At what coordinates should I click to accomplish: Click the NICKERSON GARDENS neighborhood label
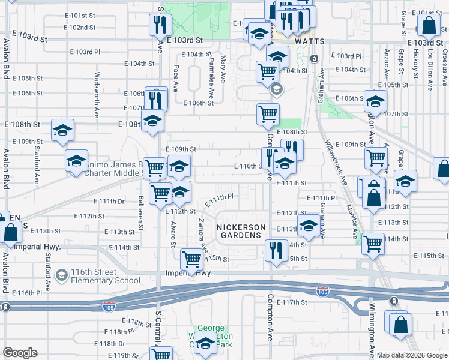[x=241, y=231]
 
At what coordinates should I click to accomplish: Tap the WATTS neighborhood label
[x=310, y=41]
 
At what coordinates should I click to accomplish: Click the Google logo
[x=20, y=353]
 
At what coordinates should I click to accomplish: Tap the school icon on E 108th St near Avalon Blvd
[x=62, y=130]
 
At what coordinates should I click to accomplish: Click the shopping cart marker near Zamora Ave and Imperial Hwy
[x=191, y=259]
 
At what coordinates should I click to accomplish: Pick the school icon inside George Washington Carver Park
[x=205, y=344]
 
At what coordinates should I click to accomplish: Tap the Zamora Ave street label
[x=201, y=234]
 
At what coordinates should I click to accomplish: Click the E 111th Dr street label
[x=108, y=202]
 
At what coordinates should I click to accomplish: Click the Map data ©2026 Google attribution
[x=411, y=355]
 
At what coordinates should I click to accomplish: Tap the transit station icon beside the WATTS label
[x=313, y=58]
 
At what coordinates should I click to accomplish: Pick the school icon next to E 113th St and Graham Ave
[x=309, y=226]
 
